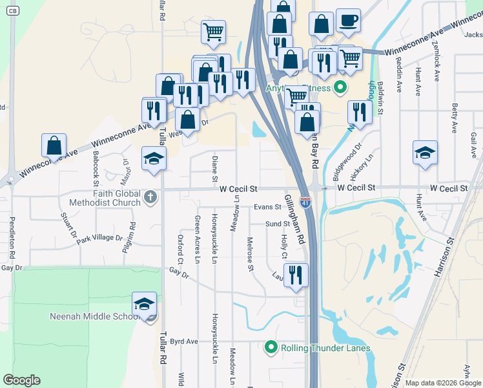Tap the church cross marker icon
tap(150, 197)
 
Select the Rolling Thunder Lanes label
tap(325, 348)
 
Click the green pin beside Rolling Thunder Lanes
tap(271, 348)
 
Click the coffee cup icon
tap(348, 21)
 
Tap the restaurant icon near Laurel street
tap(296, 275)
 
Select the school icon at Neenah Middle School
tap(144, 304)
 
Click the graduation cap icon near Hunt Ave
tap(425, 153)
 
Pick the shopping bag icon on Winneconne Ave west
tap(54, 145)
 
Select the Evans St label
tap(267, 207)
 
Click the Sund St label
tap(278, 224)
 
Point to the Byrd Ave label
tap(184, 341)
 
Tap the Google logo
tap(21, 380)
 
